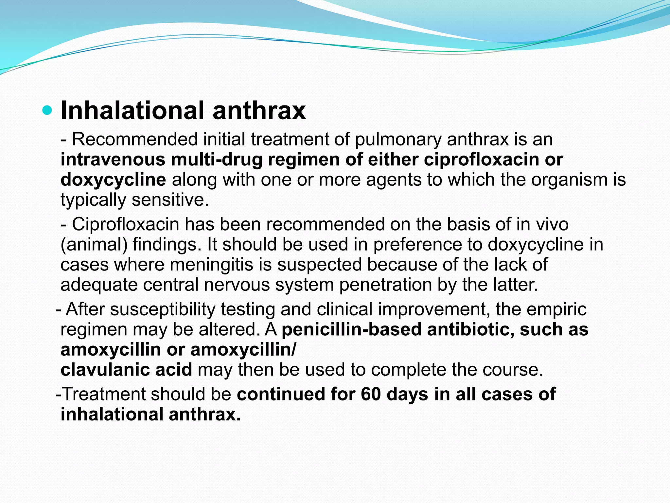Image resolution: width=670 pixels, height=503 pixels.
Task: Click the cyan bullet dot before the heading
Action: (x=47, y=111)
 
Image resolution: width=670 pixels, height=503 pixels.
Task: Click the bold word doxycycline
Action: (x=113, y=180)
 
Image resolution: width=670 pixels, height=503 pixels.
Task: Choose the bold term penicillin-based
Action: (x=352, y=329)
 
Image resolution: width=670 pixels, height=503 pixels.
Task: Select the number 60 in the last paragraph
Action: (x=371, y=394)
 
